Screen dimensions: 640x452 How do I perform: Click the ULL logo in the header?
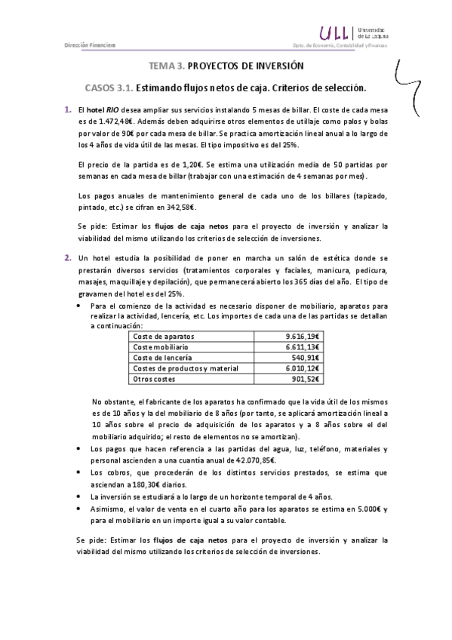(x=335, y=32)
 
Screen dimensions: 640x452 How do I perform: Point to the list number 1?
(x=67, y=112)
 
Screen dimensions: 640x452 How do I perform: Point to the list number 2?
(x=67, y=259)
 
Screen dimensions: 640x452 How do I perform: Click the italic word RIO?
(x=118, y=112)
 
